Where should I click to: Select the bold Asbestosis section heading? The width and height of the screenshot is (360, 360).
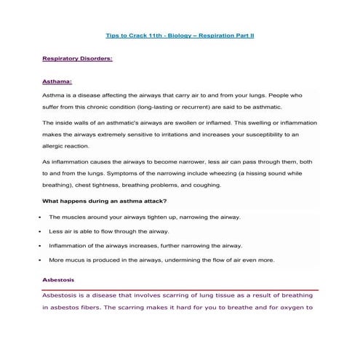pyautogui.click(x=58, y=280)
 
